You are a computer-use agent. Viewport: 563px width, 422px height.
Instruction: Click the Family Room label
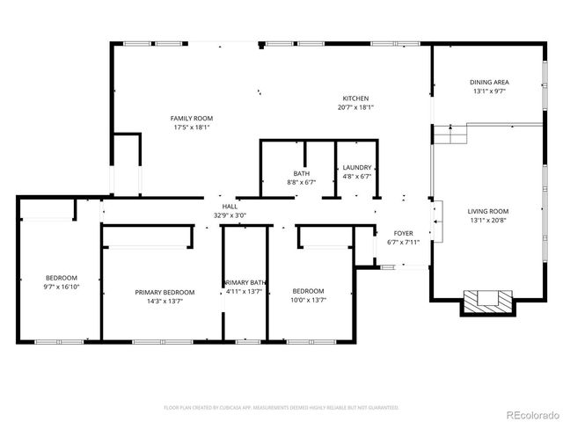click(192, 118)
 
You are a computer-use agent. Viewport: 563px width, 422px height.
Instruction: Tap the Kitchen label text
click(355, 98)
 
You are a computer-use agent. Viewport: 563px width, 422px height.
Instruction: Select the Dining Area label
click(490, 82)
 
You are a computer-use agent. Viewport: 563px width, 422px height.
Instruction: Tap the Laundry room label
click(356, 167)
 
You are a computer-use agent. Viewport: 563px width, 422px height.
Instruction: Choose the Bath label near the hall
click(302, 173)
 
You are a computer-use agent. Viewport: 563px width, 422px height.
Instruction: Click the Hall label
click(230, 206)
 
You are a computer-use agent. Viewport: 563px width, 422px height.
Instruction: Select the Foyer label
click(404, 233)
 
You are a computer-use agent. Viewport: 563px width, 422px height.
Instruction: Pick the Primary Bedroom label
click(165, 292)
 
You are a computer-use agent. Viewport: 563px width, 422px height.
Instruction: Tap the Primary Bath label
click(245, 282)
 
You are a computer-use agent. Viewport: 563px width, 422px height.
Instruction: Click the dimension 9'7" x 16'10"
click(62, 287)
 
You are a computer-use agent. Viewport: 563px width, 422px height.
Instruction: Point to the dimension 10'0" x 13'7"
click(309, 300)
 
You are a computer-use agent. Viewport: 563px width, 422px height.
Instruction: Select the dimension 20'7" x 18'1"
click(355, 107)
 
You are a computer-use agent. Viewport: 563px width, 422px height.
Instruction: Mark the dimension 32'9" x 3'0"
click(230, 215)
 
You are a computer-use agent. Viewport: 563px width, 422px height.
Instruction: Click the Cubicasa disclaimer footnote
click(281, 408)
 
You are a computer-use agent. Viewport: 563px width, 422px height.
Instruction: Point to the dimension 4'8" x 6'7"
click(356, 176)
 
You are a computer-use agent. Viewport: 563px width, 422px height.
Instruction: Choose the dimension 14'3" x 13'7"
click(165, 301)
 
